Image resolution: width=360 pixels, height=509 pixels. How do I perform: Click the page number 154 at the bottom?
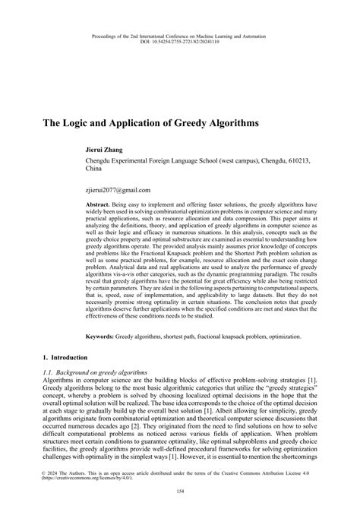(180, 492)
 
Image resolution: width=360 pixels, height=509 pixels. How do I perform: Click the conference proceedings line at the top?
(180, 33)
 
